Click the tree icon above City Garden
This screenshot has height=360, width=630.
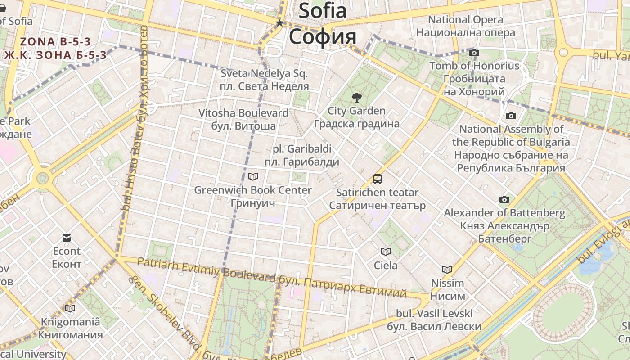(356, 97)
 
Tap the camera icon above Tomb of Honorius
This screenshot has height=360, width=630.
(474, 53)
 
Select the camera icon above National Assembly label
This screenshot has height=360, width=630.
(511, 116)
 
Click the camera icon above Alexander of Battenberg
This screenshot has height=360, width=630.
(504, 199)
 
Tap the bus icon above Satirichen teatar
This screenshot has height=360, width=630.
(377, 179)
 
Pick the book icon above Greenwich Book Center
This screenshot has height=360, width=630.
(253, 177)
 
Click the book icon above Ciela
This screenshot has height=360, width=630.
(386, 252)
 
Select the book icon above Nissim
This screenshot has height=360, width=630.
(447, 270)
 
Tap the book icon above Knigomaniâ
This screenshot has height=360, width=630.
(70, 308)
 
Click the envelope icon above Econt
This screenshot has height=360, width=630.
(67, 238)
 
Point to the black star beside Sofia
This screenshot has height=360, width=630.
(279, 22)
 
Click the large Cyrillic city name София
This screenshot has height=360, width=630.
(323, 36)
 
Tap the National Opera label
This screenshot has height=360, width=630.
(465, 20)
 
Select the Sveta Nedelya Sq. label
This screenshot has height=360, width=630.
(264, 73)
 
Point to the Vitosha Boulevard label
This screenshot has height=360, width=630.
(243, 113)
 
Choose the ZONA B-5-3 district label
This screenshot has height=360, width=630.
(55, 42)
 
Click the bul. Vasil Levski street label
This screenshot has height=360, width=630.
(434, 313)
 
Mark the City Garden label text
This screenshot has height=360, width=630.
(356, 111)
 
